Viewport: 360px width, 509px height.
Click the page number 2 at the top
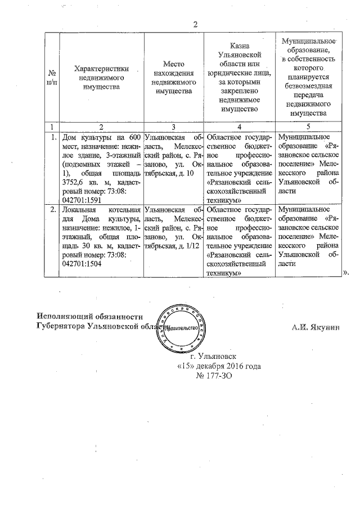coord(196,24)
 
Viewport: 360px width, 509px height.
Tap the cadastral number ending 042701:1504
coord(82,265)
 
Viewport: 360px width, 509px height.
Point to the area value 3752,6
coord(74,182)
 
